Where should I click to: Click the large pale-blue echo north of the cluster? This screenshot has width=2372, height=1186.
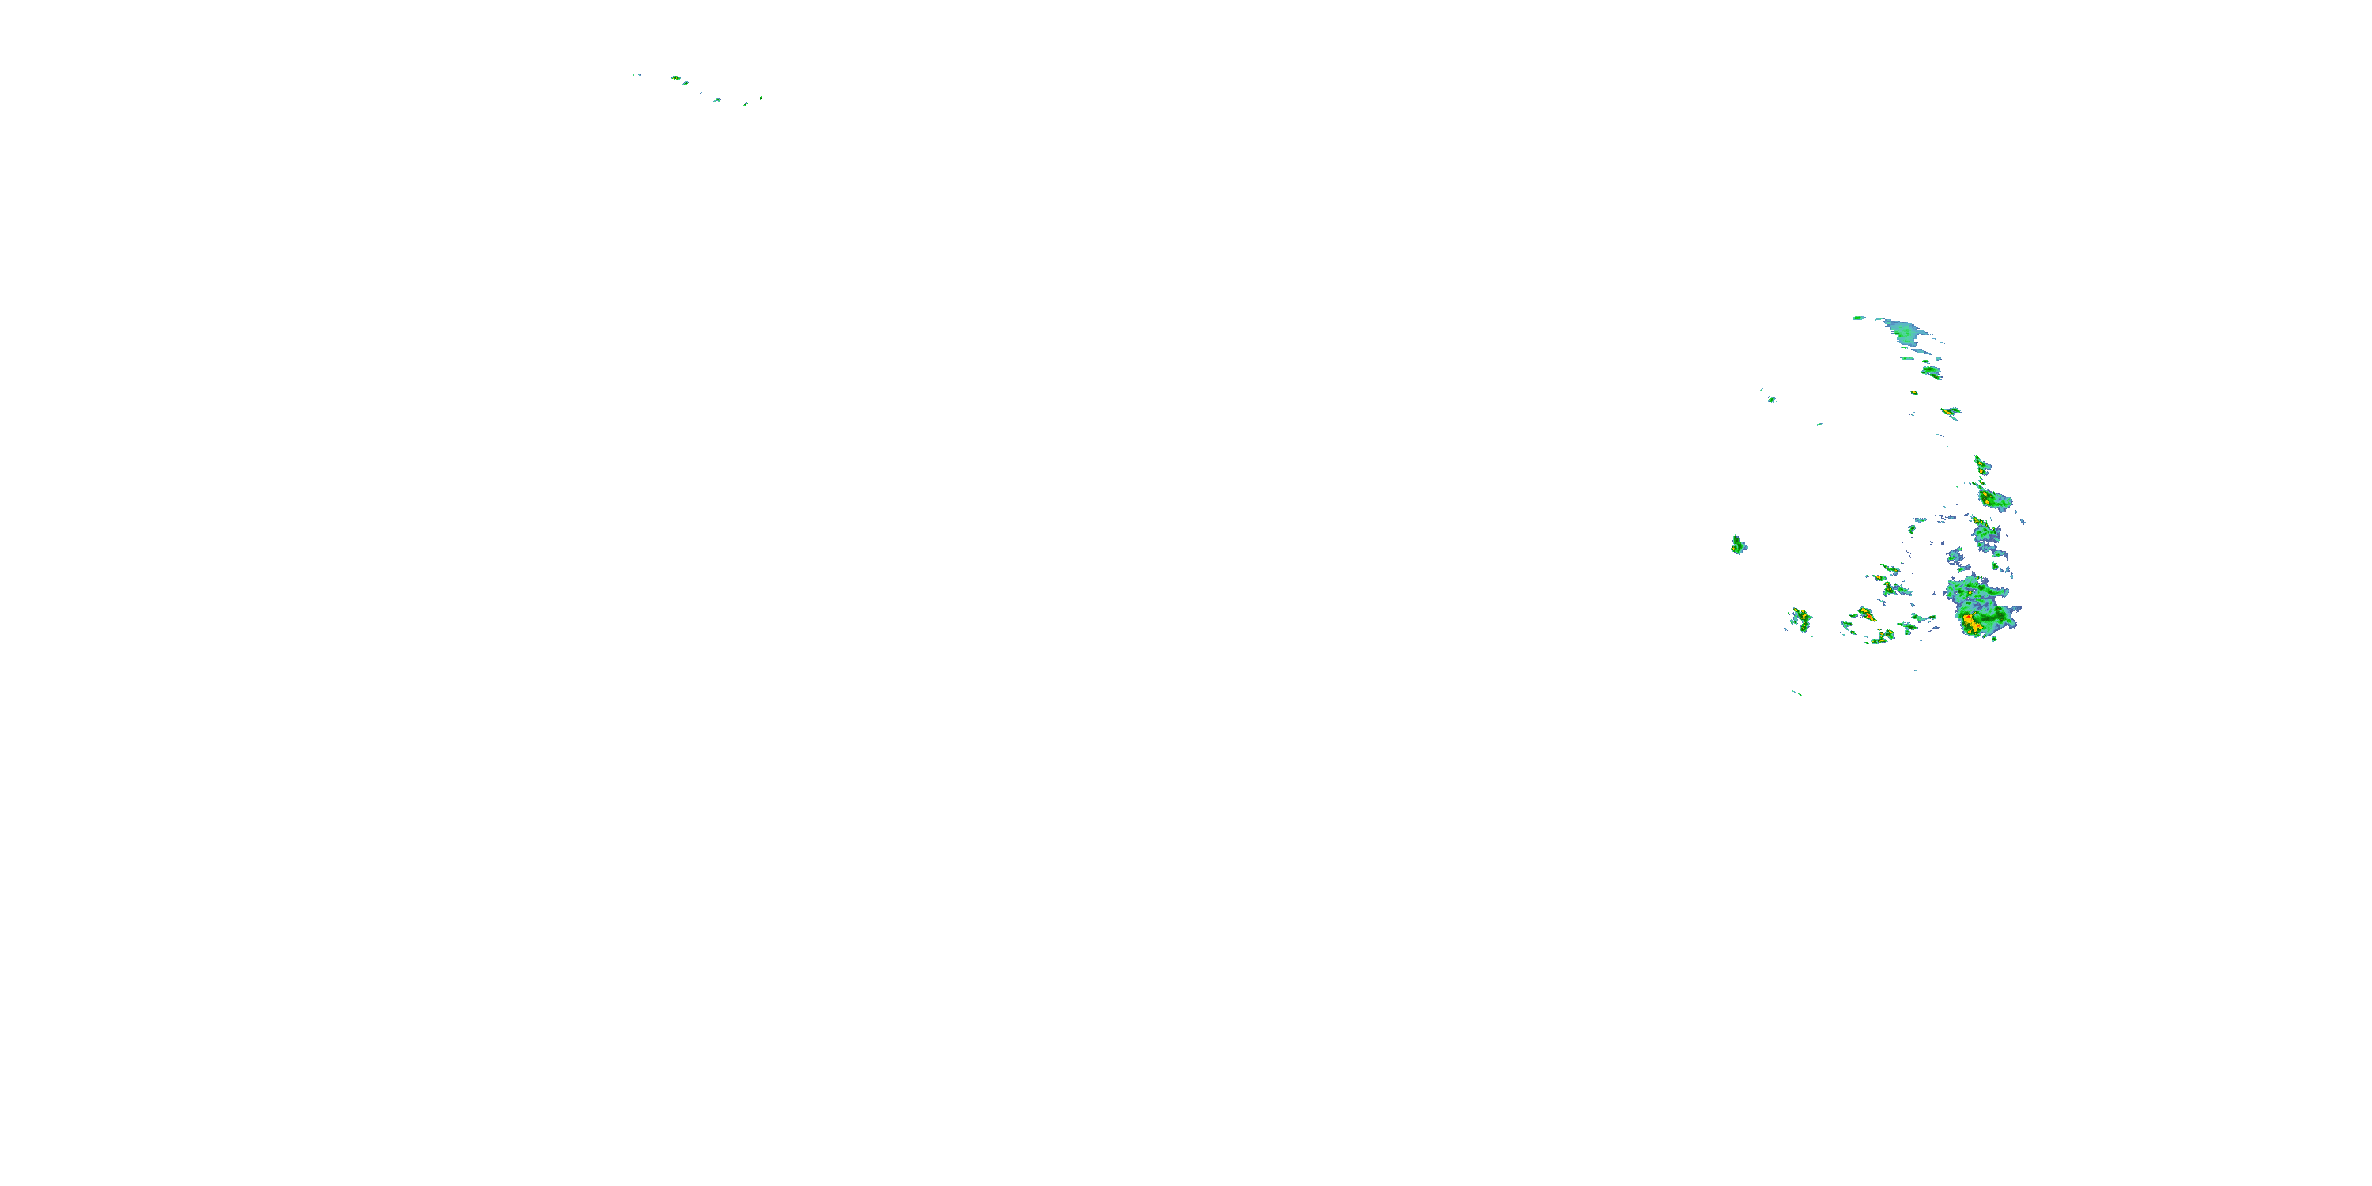(1904, 330)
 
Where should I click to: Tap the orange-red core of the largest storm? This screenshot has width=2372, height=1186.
(1971, 623)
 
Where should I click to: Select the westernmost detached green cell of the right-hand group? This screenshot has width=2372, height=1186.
(1738, 545)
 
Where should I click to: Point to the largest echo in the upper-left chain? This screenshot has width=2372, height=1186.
(676, 78)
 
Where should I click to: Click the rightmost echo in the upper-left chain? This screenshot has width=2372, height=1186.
(761, 97)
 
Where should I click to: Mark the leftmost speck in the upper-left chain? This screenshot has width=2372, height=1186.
(634, 74)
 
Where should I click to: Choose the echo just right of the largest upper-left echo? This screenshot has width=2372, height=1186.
(686, 83)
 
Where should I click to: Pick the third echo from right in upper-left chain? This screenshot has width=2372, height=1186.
(717, 100)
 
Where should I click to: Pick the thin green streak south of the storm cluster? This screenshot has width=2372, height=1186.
(1796, 693)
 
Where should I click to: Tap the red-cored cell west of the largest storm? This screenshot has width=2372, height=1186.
(1865, 612)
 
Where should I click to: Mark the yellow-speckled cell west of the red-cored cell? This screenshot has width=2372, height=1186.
(1800, 617)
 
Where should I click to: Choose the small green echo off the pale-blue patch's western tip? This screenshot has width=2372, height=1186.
(1858, 318)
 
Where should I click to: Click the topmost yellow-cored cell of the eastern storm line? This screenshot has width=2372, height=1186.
(1981, 465)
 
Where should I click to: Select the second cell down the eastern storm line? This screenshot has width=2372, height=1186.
(1993, 500)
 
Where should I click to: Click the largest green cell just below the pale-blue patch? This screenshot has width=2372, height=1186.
(1931, 372)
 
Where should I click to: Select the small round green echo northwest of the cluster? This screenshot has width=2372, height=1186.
(1771, 399)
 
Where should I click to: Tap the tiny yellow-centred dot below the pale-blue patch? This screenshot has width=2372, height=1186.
(1913, 393)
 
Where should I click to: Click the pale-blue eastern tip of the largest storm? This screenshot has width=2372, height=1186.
(2014, 610)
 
